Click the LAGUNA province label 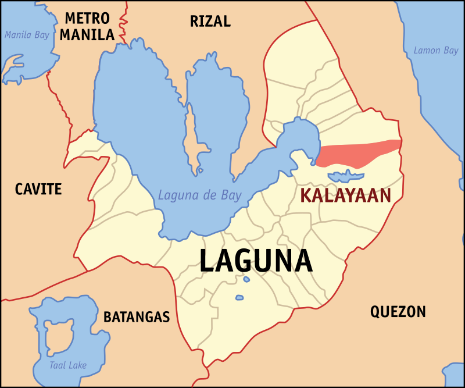pyautogui.click(x=256, y=261)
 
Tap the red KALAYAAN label pyautogui.click(x=345, y=195)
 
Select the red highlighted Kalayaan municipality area pyautogui.click(x=357, y=153)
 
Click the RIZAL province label pyautogui.click(x=210, y=22)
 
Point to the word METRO pyautogui.click(x=87, y=17)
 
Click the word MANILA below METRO pyautogui.click(x=87, y=35)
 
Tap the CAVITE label pyautogui.click(x=38, y=189)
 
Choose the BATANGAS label pyautogui.click(x=137, y=317)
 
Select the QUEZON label pyautogui.click(x=398, y=312)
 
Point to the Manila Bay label pyautogui.click(x=27, y=35)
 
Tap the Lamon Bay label pyautogui.click(x=436, y=51)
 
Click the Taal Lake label pyautogui.click(x=68, y=365)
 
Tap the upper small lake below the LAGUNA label pyautogui.click(x=246, y=279)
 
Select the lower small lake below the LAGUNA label pyautogui.click(x=239, y=298)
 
